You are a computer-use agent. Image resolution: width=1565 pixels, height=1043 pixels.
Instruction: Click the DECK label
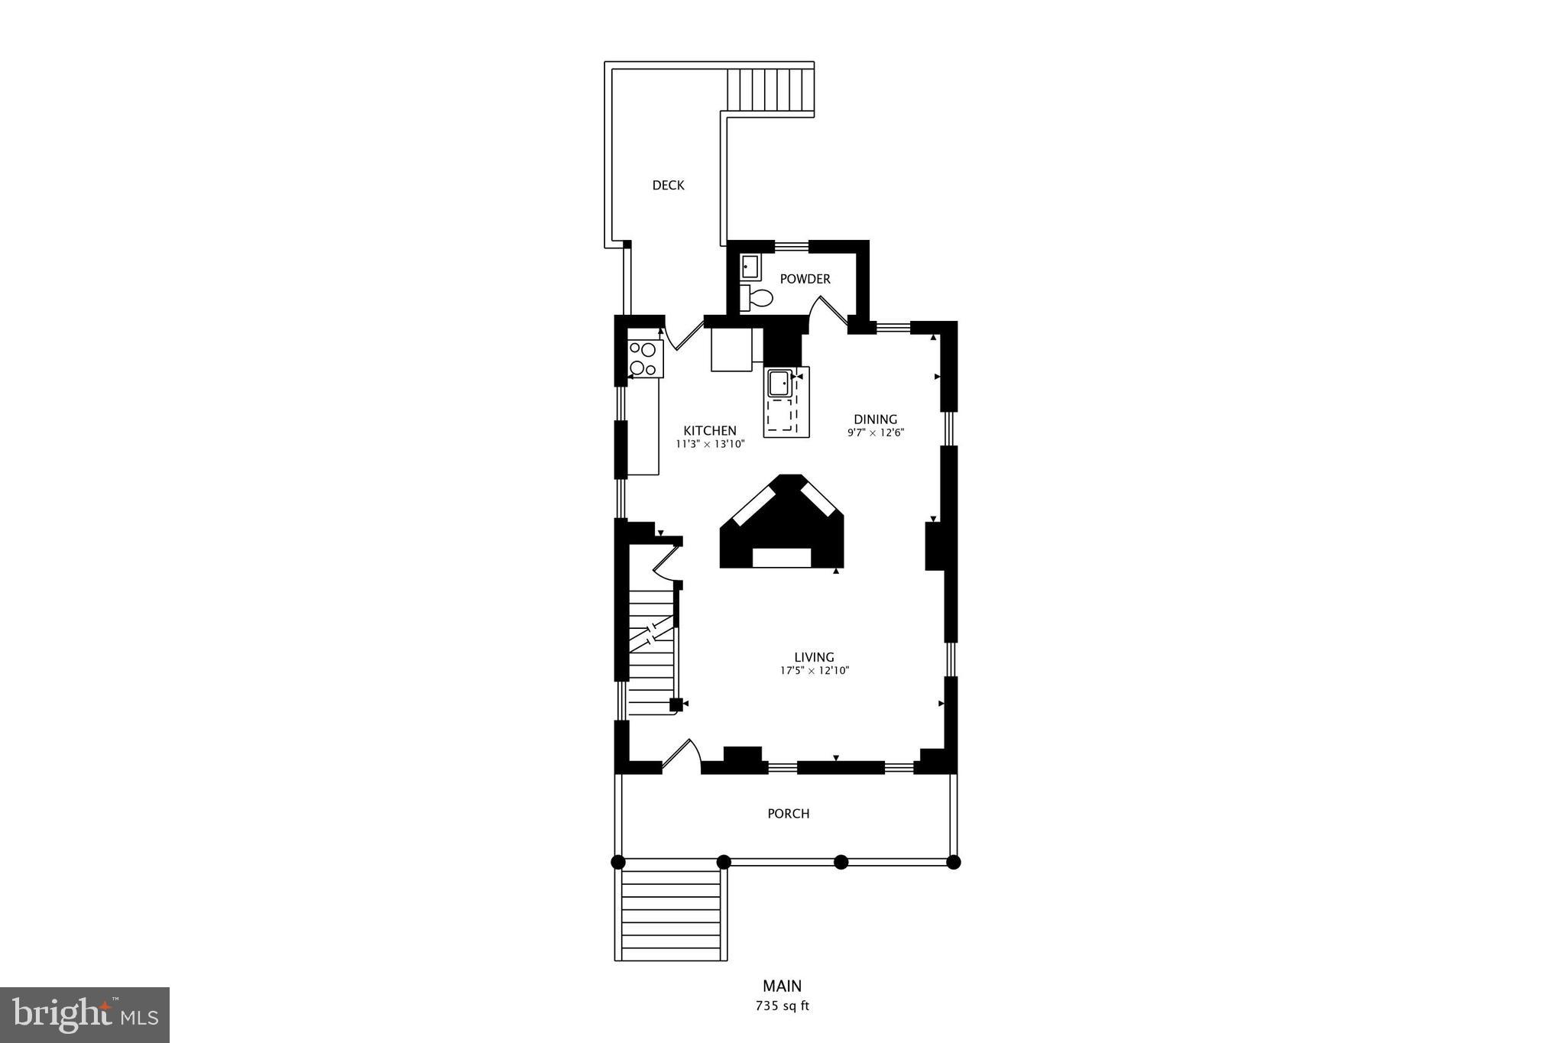668,185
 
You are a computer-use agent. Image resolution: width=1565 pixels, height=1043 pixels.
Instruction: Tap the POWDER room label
805,279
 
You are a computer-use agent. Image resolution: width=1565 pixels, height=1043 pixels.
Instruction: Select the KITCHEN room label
709,430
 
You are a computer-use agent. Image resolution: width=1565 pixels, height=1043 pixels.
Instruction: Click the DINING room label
875,419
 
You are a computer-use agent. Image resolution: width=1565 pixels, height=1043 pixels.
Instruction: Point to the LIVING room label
814,657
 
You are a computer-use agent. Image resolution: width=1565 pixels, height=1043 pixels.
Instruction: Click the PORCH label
788,814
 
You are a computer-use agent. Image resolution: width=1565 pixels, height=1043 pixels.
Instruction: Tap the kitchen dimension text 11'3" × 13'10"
709,444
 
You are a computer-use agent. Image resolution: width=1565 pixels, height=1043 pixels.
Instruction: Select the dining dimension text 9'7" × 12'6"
875,432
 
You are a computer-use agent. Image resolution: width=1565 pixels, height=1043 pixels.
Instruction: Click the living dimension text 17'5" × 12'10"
814,671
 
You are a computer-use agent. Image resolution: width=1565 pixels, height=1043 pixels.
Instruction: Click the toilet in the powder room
757,297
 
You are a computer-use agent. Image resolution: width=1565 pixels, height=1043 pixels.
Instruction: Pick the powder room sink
750,267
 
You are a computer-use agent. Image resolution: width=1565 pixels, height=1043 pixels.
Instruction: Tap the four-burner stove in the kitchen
644,359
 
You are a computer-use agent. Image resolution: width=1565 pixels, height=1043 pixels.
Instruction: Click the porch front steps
671,914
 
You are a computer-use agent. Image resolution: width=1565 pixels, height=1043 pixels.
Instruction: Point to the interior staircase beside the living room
652,649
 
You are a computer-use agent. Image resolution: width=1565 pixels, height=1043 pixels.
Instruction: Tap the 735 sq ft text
782,1006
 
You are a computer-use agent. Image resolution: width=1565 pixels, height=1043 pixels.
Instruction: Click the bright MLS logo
85,1015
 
